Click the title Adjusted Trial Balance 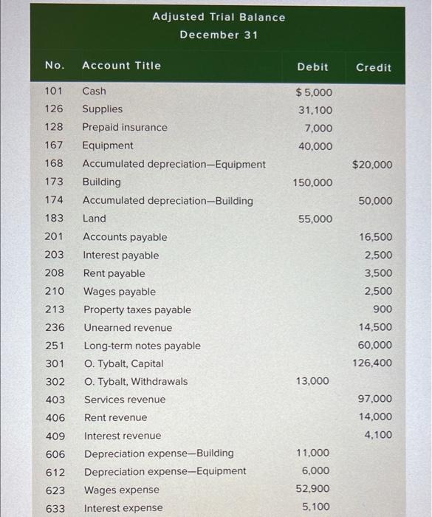tap(219, 17)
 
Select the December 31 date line tap(219, 35)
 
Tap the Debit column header tap(312, 66)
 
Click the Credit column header tap(374, 67)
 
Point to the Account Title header tap(121, 66)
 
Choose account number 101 tap(54, 92)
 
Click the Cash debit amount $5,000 tap(314, 92)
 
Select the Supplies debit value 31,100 tap(315, 110)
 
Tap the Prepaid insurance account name tap(124, 127)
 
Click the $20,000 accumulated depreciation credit tap(372, 165)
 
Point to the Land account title tap(94, 219)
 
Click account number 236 tap(55, 327)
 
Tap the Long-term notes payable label tap(141, 346)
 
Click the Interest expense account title tap(123, 508)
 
